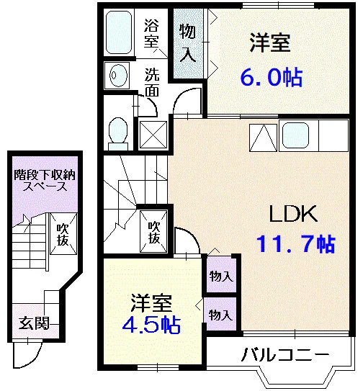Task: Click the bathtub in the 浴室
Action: (x=119, y=32)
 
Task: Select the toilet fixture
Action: (x=118, y=134)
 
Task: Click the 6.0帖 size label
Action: (x=272, y=77)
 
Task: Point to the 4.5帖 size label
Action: (x=151, y=325)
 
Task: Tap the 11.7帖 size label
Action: (x=295, y=243)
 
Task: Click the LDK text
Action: (x=293, y=214)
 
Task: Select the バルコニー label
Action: (x=285, y=354)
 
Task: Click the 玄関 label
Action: (x=34, y=323)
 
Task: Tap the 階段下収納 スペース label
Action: (x=45, y=180)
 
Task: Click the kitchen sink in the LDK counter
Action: (x=295, y=135)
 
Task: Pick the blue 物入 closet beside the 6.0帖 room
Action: (x=188, y=43)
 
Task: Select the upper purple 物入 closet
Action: (x=222, y=274)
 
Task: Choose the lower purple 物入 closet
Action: (x=220, y=314)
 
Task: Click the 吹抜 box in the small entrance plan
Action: (x=63, y=234)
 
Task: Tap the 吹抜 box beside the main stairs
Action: (x=153, y=232)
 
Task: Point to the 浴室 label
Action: (x=151, y=33)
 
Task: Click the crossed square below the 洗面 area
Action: (x=153, y=135)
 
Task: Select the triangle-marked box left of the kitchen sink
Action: (x=263, y=138)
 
